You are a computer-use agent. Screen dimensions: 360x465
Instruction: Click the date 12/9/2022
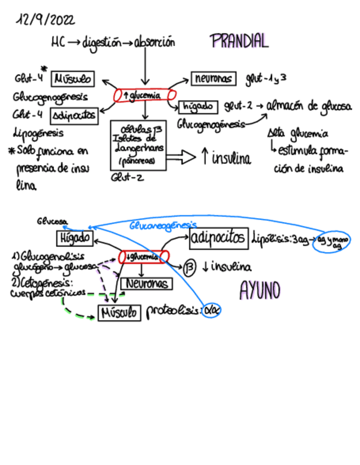[x=46, y=20]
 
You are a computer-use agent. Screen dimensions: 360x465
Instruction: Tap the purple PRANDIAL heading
[x=239, y=41]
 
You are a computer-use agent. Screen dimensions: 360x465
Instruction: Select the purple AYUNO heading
[x=261, y=291]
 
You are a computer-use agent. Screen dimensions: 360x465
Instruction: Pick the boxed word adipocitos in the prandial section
[x=74, y=115]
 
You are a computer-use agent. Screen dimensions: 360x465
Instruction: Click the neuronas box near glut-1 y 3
[x=213, y=79]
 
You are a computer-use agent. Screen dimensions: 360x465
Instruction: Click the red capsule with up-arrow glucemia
[x=145, y=95]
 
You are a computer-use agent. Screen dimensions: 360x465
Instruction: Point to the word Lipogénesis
[x=37, y=132]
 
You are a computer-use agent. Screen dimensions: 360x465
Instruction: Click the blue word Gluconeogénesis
[x=163, y=225]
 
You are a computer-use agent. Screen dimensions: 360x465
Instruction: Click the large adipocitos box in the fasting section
[x=218, y=238]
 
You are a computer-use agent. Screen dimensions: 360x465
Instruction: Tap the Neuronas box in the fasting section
[x=147, y=283]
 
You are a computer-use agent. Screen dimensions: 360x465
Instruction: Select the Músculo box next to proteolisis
[x=119, y=313]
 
